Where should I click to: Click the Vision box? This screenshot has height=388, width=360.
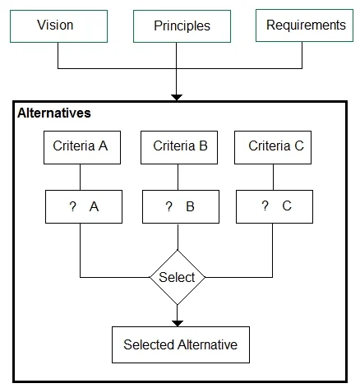[x=58, y=26]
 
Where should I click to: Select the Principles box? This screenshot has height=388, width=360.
[x=182, y=26]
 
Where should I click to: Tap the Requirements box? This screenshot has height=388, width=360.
[x=304, y=25]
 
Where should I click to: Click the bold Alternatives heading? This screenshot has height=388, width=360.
[x=54, y=113]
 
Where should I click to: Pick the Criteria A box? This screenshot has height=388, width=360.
[x=82, y=147]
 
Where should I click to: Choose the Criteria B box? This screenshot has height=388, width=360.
[x=179, y=147]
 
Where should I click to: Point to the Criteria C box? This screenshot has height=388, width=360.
[x=273, y=147]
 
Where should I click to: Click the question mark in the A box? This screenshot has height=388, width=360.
[x=72, y=206]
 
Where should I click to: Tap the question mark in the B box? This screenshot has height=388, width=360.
[x=169, y=206]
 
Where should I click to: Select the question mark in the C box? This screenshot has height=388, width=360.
[x=265, y=206]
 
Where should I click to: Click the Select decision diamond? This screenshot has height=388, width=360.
[x=178, y=277]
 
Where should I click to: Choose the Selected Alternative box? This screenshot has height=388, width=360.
[x=181, y=344]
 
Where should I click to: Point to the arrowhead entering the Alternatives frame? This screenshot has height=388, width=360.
[x=177, y=98]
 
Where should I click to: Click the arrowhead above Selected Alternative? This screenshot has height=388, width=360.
[x=178, y=323]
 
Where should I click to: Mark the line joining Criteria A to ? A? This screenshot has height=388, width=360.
[x=80, y=178]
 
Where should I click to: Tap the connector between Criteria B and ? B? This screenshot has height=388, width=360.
[x=178, y=178]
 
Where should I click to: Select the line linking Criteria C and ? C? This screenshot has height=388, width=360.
[x=273, y=178]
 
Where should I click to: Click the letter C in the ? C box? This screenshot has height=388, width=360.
[x=287, y=206]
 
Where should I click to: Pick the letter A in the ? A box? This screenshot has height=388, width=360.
[x=94, y=207]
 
